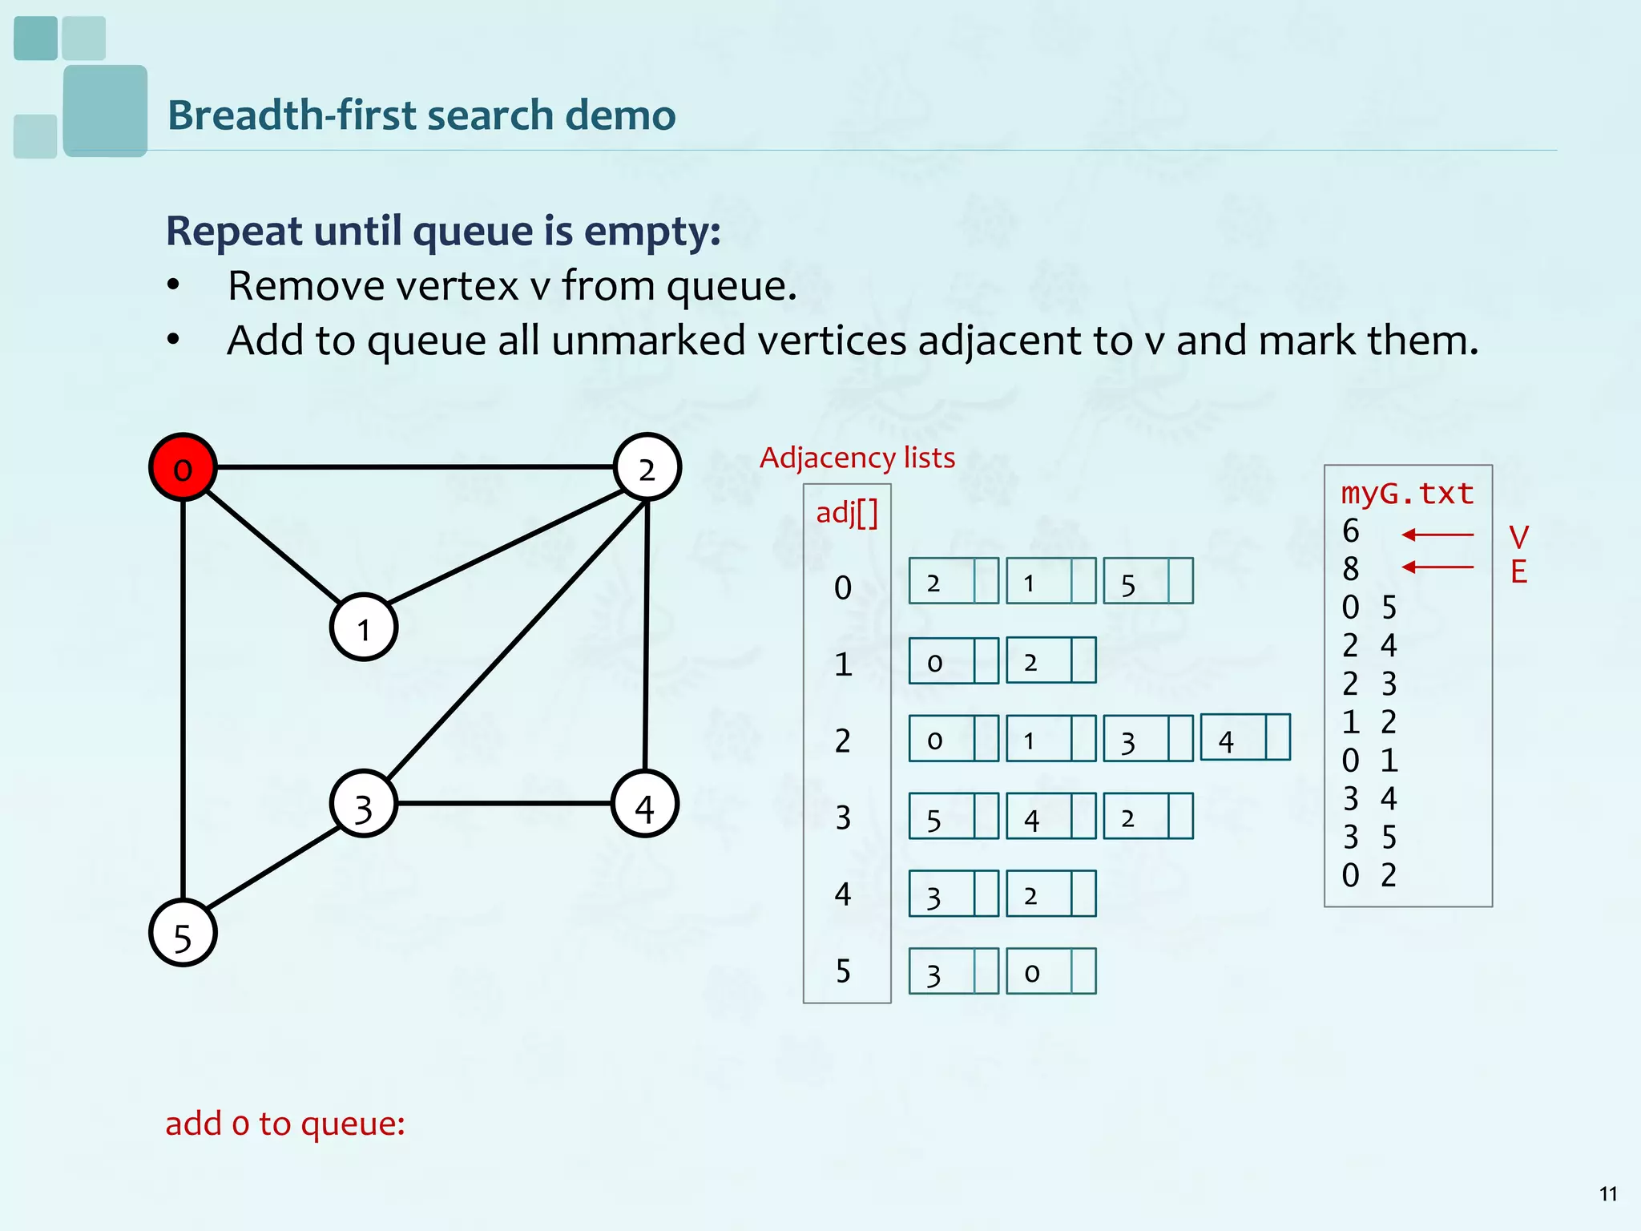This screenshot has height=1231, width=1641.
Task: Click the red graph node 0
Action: click(183, 468)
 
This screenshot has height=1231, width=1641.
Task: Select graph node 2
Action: click(647, 468)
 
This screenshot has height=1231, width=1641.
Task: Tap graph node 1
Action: click(364, 628)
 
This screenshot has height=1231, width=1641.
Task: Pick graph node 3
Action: click(364, 805)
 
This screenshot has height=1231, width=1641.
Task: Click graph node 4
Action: click(645, 805)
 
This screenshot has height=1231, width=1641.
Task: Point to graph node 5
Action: click(183, 934)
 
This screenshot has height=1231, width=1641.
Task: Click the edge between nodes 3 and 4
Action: click(505, 803)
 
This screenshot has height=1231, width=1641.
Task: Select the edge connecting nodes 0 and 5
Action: click(183, 697)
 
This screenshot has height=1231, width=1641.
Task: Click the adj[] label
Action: click(847, 513)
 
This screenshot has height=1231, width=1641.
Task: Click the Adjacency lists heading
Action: click(857, 458)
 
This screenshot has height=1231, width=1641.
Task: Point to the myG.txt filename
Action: click(1407, 493)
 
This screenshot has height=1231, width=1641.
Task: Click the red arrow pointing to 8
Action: click(1438, 567)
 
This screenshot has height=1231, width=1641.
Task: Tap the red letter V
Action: click(1518, 536)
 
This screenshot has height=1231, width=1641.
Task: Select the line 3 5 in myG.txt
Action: click(1369, 837)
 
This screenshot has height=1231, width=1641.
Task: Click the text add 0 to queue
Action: click(284, 1124)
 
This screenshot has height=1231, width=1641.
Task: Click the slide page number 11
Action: click(1607, 1194)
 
